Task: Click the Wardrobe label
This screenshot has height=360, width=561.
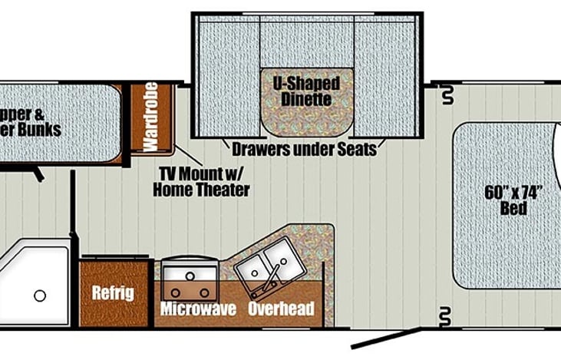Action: coord(150,116)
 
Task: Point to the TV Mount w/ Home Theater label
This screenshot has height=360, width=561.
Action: coord(203,181)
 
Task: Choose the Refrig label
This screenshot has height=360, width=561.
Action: coord(113,292)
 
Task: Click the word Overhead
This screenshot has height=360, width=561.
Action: coord(282,309)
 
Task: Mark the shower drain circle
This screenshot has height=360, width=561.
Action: coord(40,296)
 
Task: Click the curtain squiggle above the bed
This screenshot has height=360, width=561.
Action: coord(447,96)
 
